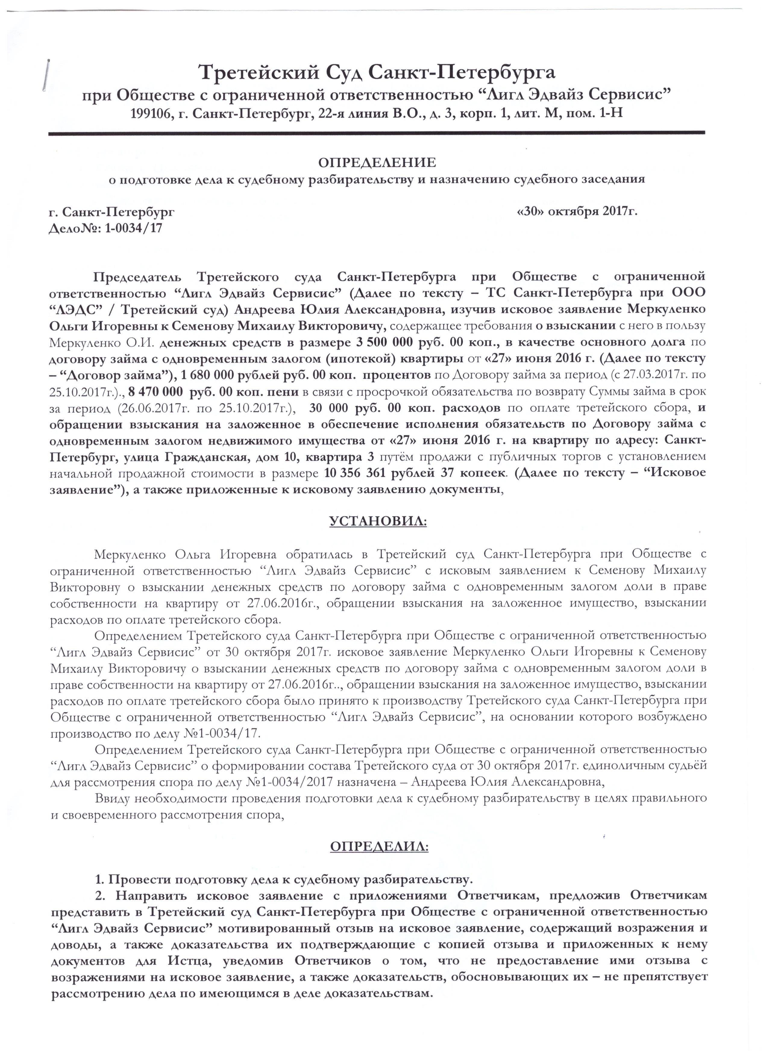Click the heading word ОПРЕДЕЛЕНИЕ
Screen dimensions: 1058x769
tap(377, 162)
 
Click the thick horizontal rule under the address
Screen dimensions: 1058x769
tap(377, 134)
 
